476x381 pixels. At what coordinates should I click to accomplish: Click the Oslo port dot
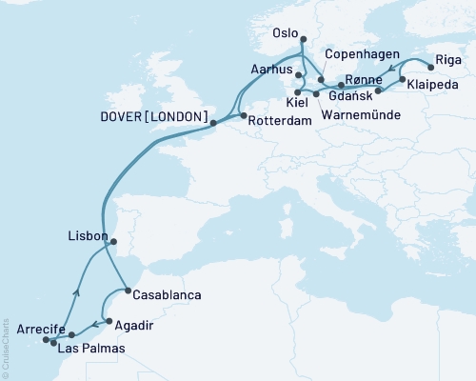pyautogui.click(x=304, y=40)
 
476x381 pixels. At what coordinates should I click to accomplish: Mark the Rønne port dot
pyautogui.click(x=341, y=86)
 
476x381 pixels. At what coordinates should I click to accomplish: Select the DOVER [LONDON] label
pyautogui.click(x=153, y=116)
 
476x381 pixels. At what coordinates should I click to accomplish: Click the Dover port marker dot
pyautogui.click(x=213, y=123)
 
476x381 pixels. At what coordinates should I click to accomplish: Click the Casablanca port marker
pyautogui.click(x=128, y=290)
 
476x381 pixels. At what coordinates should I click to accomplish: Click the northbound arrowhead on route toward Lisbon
pyautogui.click(x=75, y=293)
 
